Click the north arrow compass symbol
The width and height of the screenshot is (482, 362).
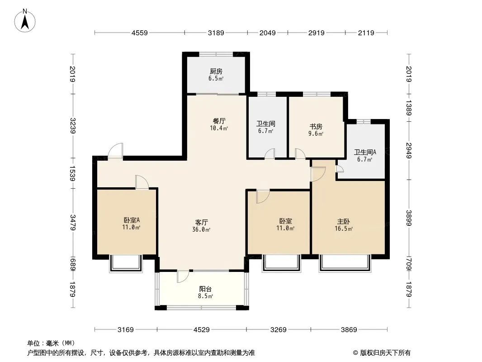click(x=25, y=21)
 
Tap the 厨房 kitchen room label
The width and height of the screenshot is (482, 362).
click(x=216, y=75)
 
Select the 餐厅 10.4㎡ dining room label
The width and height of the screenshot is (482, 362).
click(x=219, y=124)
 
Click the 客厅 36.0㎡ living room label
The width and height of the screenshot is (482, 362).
click(x=201, y=226)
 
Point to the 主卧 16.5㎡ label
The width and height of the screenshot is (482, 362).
click(x=343, y=225)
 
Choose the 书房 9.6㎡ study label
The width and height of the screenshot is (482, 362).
click(x=316, y=130)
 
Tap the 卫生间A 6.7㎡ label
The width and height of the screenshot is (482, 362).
click(x=365, y=156)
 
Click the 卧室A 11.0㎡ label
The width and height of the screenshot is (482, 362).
click(x=131, y=224)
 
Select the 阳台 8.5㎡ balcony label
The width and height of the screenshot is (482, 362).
click(x=205, y=292)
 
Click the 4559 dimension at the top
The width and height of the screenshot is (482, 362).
click(x=140, y=33)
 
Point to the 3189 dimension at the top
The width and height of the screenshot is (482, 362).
click(x=216, y=33)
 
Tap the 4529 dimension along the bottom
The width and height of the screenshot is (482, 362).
click(x=201, y=330)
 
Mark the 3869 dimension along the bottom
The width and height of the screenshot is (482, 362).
click(x=349, y=330)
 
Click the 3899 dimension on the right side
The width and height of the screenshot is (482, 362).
click(x=409, y=218)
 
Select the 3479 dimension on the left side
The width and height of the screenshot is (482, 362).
click(x=72, y=222)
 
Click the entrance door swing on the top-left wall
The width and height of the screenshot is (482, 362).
click(x=116, y=151)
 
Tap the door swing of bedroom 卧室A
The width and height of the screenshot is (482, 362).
click(x=142, y=182)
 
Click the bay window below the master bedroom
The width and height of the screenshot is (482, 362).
click(x=345, y=263)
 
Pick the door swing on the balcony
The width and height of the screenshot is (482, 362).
click(x=183, y=276)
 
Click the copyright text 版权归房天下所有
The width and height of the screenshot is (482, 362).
click(x=385, y=353)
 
